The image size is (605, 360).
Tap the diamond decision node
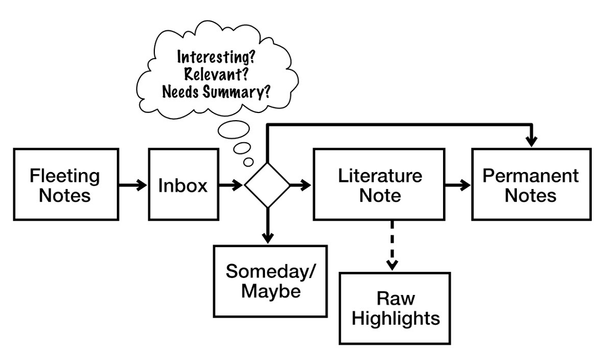tap(267, 185)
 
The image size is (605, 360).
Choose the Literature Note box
tap(380, 185)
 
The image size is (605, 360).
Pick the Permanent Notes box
tap(531, 185)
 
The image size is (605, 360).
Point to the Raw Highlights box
tap(395, 308)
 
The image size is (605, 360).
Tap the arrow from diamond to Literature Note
tap(301, 185)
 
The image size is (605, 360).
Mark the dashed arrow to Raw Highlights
tap(392, 245)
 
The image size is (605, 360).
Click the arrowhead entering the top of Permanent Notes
tap(531, 141)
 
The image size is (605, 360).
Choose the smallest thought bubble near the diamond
tap(249, 162)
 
